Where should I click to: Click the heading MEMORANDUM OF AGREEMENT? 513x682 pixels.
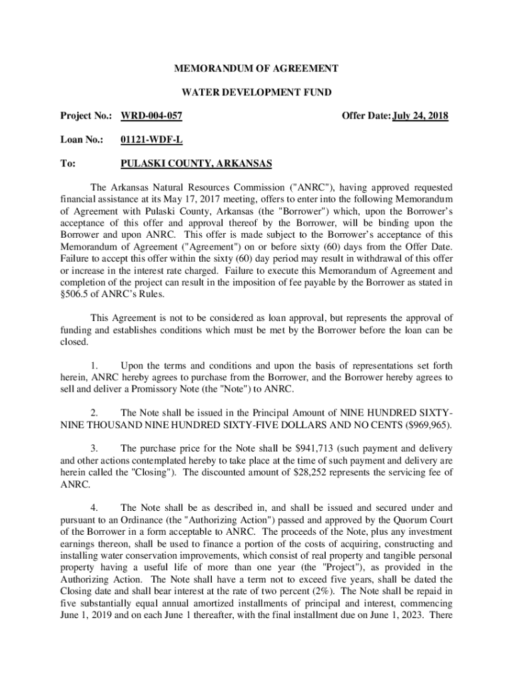256,69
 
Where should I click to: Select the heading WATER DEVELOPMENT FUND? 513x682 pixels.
256,93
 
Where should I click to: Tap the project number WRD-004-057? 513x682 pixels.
151,117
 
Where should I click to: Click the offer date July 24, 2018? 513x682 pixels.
420,117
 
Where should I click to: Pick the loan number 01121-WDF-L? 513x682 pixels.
149,140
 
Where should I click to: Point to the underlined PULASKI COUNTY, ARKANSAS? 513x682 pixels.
196,164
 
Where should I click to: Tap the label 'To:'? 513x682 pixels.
67,164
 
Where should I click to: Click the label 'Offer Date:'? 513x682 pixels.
366,117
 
